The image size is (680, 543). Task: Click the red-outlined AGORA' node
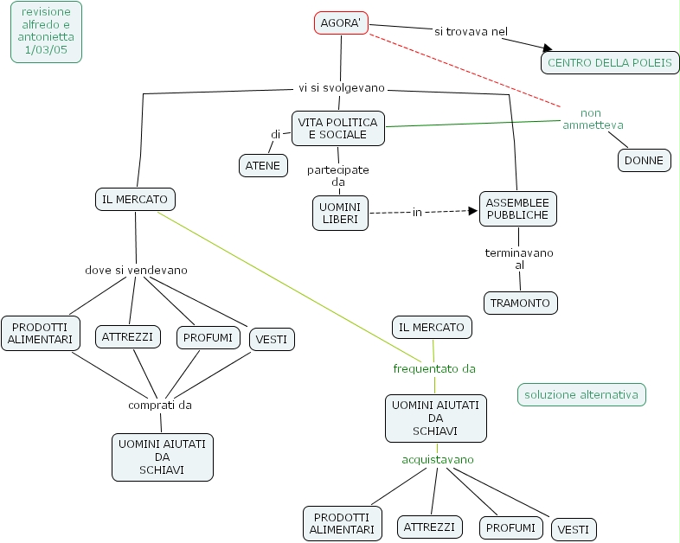[x=340, y=23]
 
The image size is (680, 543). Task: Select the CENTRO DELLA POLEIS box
[x=609, y=62]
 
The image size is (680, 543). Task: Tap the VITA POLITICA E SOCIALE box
[x=337, y=129]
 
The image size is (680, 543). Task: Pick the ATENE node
[x=263, y=165]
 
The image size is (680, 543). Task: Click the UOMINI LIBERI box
[x=340, y=214]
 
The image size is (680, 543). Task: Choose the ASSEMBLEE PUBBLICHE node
[x=518, y=208]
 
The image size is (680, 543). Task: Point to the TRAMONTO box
[x=520, y=303]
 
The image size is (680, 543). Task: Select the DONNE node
[x=644, y=160]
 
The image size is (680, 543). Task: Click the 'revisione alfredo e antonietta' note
[x=47, y=31]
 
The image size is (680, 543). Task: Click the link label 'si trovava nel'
[x=471, y=32]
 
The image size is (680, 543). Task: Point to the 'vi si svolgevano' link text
[x=341, y=88]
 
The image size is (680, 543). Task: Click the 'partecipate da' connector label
[x=337, y=176]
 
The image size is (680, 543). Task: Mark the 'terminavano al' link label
[x=519, y=259]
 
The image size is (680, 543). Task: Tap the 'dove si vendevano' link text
[x=136, y=270]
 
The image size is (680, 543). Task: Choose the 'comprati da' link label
[x=160, y=404]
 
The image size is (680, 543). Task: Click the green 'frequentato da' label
[x=434, y=368]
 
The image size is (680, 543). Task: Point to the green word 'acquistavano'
[x=438, y=459]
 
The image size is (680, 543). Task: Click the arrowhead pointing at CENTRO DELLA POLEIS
[x=547, y=48]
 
